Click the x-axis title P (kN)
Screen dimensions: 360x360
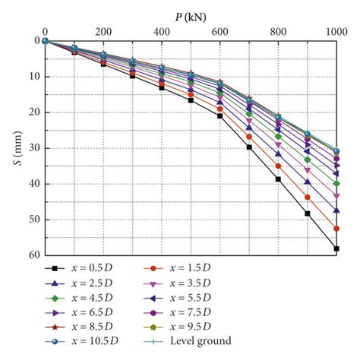[190, 13]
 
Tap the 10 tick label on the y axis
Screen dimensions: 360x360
[33, 77]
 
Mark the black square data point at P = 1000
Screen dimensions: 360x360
[336, 248]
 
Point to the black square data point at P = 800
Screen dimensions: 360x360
[278, 179]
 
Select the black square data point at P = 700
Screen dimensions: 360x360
[249, 147]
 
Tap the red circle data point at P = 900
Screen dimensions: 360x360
[308, 197]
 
